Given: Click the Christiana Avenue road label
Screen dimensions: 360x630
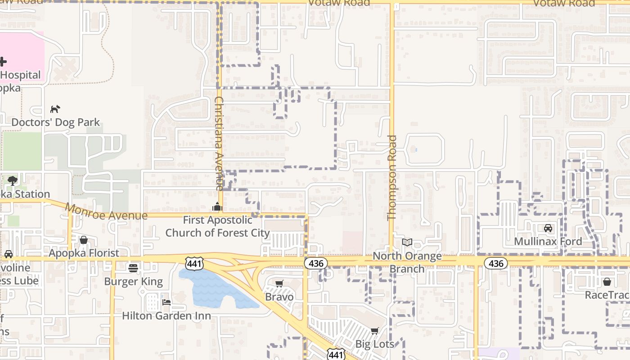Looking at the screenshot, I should tap(219, 143).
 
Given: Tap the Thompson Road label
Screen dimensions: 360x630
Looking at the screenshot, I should tap(392, 178).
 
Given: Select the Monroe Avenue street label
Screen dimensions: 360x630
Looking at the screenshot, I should tap(107, 212).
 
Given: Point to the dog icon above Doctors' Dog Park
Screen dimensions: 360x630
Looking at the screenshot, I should tap(55, 109).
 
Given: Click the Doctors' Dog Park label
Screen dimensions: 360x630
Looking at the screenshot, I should tap(56, 122).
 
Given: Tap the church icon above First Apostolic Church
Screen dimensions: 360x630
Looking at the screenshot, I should tap(217, 207).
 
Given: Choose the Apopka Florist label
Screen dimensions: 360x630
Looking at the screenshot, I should tap(84, 253).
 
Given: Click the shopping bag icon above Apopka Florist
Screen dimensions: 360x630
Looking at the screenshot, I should tap(84, 240).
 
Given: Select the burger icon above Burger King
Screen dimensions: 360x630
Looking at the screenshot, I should tap(133, 268).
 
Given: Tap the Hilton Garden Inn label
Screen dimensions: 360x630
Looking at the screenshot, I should tap(166, 315).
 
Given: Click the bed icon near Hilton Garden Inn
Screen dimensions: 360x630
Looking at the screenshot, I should tap(166, 302).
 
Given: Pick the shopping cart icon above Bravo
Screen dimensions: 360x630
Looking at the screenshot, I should tap(279, 283).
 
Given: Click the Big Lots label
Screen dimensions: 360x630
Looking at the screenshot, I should tap(375, 344).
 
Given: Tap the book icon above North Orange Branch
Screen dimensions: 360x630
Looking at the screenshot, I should tap(407, 243).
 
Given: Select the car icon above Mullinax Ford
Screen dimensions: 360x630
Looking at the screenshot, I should tap(548, 228).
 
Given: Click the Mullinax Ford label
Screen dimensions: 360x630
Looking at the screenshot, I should tap(548, 241).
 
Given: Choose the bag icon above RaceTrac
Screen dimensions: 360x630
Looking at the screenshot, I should tap(607, 282).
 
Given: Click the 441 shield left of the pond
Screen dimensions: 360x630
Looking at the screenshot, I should tap(194, 263).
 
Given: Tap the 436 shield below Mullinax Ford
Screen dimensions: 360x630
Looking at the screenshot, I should tap(496, 263).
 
